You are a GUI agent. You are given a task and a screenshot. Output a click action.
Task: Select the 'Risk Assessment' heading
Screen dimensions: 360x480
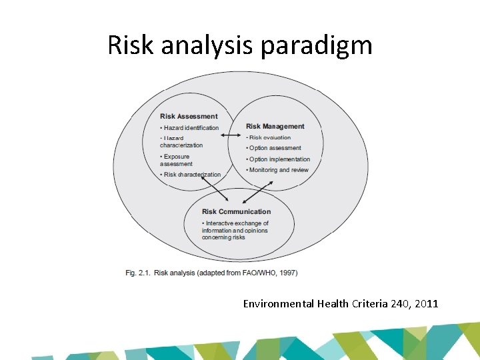pyautogui.click(x=189, y=117)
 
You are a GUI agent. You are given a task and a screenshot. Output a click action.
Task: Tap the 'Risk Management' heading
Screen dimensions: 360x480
pyautogui.click(x=275, y=126)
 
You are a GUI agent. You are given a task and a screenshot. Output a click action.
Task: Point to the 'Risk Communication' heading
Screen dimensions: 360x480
pyautogui.click(x=236, y=212)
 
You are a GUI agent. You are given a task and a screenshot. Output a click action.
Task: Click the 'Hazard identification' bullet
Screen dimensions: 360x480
pyautogui.click(x=191, y=128)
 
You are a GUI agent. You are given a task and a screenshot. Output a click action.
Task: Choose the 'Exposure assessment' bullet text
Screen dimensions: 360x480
pyautogui.click(x=176, y=160)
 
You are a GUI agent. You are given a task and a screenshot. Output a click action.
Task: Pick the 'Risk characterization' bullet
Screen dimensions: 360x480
pyautogui.click(x=192, y=175)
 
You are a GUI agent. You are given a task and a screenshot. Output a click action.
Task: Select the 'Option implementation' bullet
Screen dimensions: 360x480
pyautogui.click(x=279, y=159)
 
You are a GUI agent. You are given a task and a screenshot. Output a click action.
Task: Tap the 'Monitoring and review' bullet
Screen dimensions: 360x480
pyautogui.click(x=278, y=170)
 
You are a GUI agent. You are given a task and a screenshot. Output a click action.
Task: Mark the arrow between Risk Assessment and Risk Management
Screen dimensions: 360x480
pyautogui.click(x=231, y=136)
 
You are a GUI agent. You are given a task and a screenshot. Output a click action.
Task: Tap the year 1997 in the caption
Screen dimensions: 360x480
pyautogui.click(x=287, y=273)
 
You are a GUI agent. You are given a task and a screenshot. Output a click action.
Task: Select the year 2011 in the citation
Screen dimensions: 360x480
pyautogui.click(x=426, y=304)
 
